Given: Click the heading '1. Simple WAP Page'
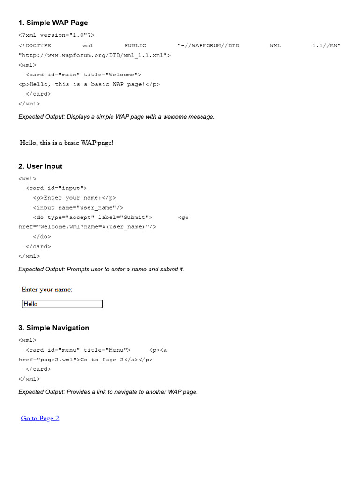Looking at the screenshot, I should [x=53, y=22].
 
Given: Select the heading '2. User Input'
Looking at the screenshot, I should [x=40, y=166].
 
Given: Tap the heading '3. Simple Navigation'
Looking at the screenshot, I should [x=53, y=328].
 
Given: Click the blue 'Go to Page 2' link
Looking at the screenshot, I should [x=40, y=418].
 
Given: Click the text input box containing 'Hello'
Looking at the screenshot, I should [x=62, y=304].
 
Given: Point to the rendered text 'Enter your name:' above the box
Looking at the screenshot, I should [x=47, y=290].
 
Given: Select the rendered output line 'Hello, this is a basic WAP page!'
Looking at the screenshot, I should [x=67, y=142].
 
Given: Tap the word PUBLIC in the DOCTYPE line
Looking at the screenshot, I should [x=135, y=45].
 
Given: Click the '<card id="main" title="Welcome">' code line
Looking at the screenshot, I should [x=83, y=75].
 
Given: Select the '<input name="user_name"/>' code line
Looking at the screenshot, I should [x=78, y=208].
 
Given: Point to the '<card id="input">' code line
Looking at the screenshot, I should [x=56, y=188].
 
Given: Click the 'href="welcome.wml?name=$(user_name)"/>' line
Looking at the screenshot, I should [x=87, y=227].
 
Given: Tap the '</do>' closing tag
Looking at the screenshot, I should [x=42, y=237].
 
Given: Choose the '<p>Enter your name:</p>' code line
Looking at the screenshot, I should [x=75, y=198].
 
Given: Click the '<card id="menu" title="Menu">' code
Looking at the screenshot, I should [x=78, y=350].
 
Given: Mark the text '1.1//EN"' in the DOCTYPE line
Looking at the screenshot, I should [x=326, y=45].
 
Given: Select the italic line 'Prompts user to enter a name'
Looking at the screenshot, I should [x=101, y=270].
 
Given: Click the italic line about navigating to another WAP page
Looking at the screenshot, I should [x=108, y=392].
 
